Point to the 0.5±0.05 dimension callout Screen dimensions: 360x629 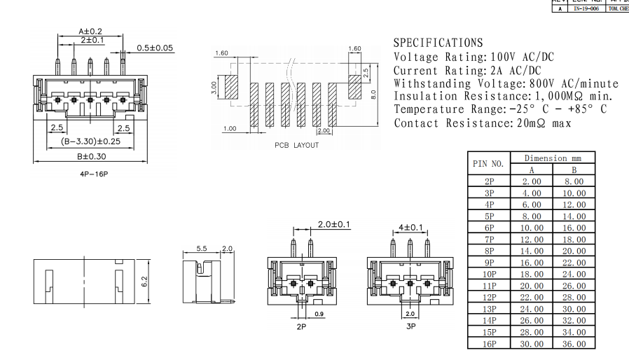click(x=155, y=48)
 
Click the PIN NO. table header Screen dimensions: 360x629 click(x=489, y=164)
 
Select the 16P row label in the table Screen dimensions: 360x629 click(x=489, y=343)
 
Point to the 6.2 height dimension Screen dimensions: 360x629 click(x=146, y=282)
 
